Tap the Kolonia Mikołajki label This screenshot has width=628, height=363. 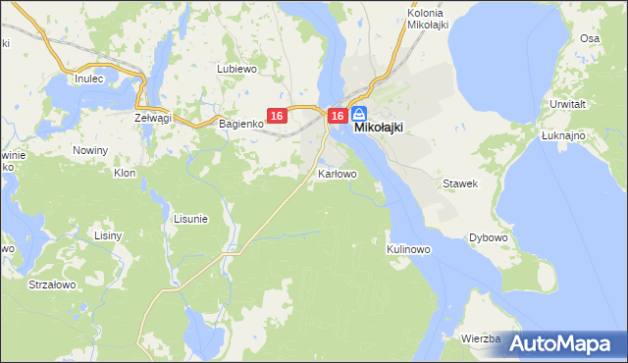(427, 19)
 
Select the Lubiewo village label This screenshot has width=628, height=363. (236, 70)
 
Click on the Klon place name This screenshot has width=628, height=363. (125, 173)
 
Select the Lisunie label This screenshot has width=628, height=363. (190, 219)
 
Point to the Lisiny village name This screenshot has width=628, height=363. (107, 236)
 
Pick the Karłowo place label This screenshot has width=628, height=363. (338, 174)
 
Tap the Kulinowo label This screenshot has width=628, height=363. (409, 249)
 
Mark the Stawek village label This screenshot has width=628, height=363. (459, 183)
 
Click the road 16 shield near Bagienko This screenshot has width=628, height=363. (277, 116)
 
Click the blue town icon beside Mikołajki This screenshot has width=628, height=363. (358, 114)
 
